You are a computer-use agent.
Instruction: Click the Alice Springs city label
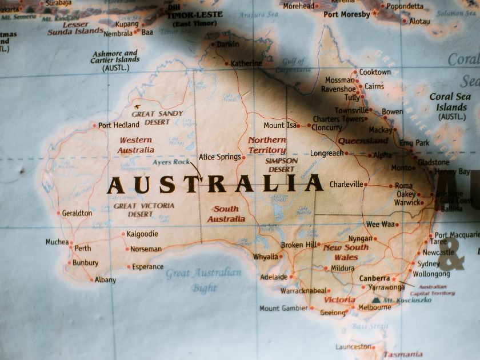pyautogui.click(x=220, y=157)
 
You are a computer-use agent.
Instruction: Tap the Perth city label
pyautogui.click(x=83, y=249)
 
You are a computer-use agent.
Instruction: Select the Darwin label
pyautogui.click(x=228, y=44)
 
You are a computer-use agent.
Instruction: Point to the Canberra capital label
pyautogui.click(x=374, y=278)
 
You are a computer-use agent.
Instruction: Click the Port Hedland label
pyautogui.click(x=119, y=125)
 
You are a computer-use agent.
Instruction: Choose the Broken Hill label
pyautogui.click(x=298, y=245)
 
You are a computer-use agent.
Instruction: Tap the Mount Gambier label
pyautogui.click(x=283, y=309)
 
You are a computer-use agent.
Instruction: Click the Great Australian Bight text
pyautogui.click(x=204, y=280)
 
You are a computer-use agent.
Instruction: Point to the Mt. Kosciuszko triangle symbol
pyautogui.click(x=375, y=299)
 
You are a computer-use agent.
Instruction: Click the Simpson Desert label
pyautogui.click(x=282, y=165)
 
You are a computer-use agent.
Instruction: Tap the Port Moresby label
pyautogui.click(x=347, y=14)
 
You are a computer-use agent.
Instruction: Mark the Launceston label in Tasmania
pyautogui.click(x=353, y=347)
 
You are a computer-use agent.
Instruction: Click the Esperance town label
pyautogui.click(x=147, y=267)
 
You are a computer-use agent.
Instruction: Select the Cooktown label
pyautogui.click(x=375, y=73)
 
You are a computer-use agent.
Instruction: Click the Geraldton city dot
pyautogui.click(x=58, y=213)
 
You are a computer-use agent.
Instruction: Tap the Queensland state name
pyautogui.click(x=363, y=141)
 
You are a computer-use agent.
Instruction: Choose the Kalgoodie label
pyautogui.click(x=142, y=234)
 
